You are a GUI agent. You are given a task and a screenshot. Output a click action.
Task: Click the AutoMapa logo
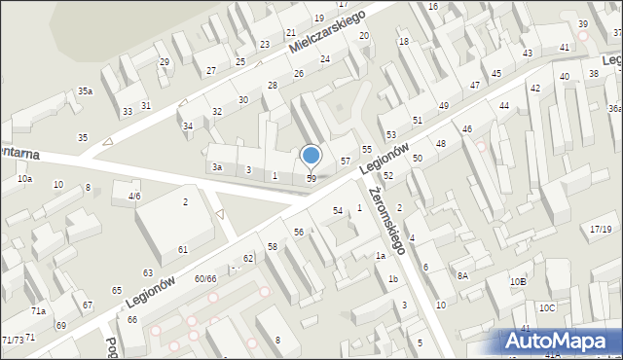point(559,342)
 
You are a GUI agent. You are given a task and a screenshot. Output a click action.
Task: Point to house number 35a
point(86,91)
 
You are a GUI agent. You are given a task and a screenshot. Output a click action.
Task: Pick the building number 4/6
point(134,196)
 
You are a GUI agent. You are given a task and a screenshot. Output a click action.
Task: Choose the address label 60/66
point(204,279)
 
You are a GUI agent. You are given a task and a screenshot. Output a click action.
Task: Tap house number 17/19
point(601,229)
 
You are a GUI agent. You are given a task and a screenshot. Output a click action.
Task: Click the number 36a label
point(615,109)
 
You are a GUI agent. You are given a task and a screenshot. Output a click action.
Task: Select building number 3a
point(218,167)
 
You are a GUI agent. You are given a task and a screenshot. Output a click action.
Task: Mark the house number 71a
point(38,310)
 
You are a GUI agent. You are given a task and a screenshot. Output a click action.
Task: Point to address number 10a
point(24,179)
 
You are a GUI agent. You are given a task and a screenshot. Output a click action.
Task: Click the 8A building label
point(464,276)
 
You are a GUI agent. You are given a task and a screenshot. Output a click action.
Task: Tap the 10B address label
point(518,281)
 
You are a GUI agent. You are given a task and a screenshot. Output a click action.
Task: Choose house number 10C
point(548,308)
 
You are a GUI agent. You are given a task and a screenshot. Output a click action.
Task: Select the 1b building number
point(393,279)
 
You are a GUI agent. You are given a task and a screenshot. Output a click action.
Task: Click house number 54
point(338,211)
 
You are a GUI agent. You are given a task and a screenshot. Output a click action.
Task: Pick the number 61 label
point(182,250)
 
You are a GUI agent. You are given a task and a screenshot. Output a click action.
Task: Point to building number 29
point(164,62)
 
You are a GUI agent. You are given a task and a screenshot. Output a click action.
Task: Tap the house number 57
point(345,160)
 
